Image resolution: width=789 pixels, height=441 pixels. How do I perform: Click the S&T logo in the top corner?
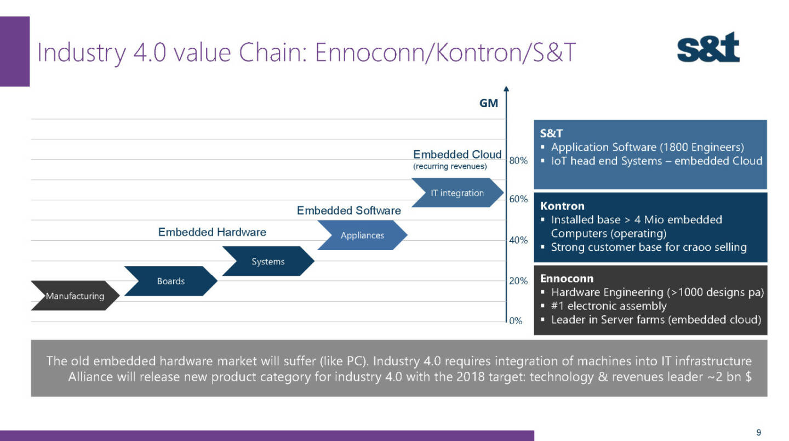(708, 47)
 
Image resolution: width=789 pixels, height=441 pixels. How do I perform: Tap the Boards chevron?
(171, 281)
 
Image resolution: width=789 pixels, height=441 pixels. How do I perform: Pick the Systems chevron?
(268, 262)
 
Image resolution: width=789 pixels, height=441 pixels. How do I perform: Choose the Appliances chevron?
(362, 235)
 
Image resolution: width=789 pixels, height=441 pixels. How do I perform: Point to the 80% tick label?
(518, 161)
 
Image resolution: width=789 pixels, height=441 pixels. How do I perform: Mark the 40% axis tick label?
(518, 240)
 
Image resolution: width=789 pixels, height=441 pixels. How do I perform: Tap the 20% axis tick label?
(518, 281)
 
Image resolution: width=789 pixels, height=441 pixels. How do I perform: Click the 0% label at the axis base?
(516, 321)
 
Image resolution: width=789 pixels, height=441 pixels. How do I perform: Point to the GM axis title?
(489, 103)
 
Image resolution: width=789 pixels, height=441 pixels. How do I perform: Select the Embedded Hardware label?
(212, 232)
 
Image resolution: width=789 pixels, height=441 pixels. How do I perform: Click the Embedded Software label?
(348, 211)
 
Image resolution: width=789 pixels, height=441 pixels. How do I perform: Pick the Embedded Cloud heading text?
(457, 155)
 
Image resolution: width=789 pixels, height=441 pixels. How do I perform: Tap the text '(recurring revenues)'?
(449, 167)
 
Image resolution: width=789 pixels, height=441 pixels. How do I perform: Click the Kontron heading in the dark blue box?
(562, 206)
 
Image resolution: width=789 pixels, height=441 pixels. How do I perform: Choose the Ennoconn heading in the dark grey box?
(567, 279)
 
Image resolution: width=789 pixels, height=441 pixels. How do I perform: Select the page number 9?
(758, 433)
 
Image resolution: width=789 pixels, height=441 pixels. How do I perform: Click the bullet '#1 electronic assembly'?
(608, 306)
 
